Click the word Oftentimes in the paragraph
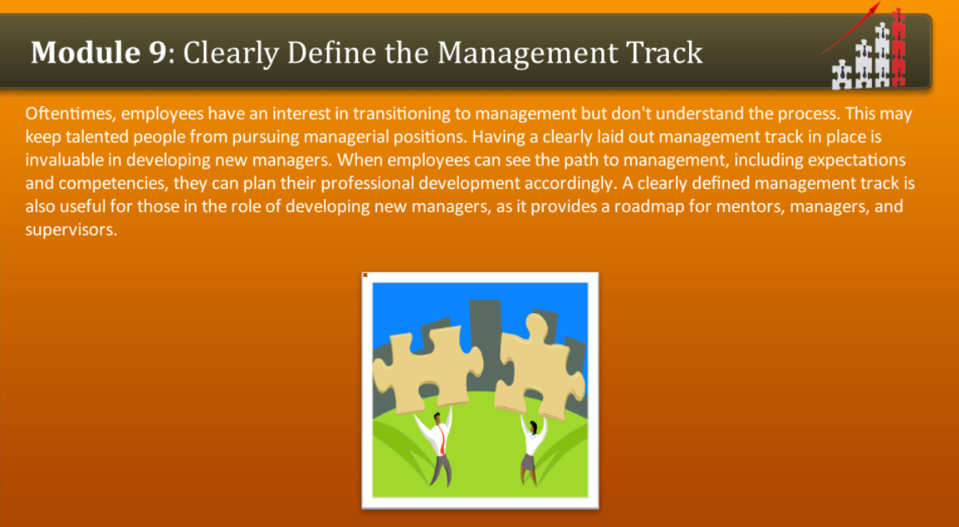click(69, 113)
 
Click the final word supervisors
click(69, 230)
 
